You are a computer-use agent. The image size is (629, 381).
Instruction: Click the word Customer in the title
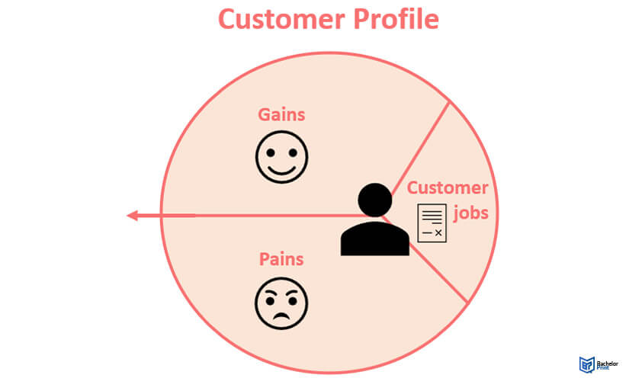(281, 19)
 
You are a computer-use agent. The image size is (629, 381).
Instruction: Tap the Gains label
(281, 115)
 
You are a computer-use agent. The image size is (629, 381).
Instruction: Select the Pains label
(281, 259)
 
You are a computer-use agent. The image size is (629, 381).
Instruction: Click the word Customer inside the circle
(448, 187)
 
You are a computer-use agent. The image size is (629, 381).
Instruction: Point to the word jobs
(471, 213)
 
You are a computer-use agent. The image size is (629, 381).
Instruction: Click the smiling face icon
(281, 157)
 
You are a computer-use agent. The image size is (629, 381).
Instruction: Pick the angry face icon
(281, 303)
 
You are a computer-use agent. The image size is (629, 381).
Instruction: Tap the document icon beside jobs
(432, 223)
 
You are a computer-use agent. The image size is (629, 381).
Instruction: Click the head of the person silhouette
(374, 200)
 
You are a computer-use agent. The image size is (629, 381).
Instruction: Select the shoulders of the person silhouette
(375, 239)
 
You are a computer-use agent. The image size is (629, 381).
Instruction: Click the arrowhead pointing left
(133, 216)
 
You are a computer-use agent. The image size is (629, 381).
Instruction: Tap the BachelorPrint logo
(599, 364)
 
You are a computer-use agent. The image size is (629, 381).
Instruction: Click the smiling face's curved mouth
(281, 170)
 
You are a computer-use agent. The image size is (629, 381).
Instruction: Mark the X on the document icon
(438, 232)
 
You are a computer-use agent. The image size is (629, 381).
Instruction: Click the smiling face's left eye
(271, 153)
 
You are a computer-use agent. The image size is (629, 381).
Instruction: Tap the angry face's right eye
(293, 300)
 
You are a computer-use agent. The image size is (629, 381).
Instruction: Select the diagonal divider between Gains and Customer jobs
(420, 149)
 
